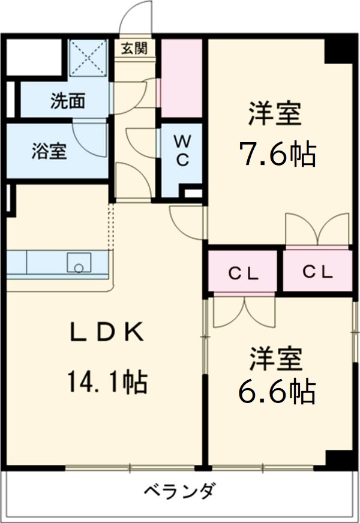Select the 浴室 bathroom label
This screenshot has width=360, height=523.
point(49,151)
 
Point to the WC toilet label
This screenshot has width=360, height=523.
point(182,151)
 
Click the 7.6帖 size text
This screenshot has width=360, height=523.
point(278,155)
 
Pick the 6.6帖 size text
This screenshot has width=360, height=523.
point(277,392)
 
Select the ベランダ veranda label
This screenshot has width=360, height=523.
point(179,492)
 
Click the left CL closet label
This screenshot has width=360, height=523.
point(243,273)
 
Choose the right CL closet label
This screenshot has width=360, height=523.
point(317,272)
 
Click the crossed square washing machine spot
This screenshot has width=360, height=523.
point(89,59)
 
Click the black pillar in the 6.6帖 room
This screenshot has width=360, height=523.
point(339,458)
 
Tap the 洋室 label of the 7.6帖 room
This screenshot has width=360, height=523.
point(275,114)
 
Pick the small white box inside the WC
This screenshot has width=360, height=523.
point(192,193)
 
